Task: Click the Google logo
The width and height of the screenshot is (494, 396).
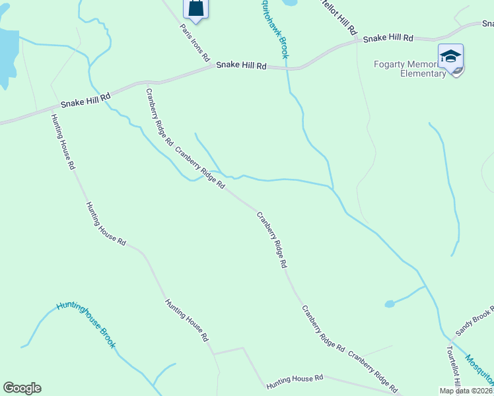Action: [x=22, y=388]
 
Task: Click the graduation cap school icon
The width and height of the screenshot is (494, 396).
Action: [x=450, y=56]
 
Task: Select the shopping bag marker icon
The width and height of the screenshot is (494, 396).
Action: [x=196, y=7]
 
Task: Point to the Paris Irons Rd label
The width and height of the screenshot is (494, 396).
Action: [x=194, y=40]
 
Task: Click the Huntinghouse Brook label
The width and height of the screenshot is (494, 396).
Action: [x=86, y=324]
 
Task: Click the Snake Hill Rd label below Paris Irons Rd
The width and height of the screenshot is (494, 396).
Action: [x=242, y=66]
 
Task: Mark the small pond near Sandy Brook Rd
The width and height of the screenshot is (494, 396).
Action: [x=390, y=304]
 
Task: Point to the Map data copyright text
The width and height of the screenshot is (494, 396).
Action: [x=466, y=391]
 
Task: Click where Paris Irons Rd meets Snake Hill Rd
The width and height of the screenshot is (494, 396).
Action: [x=213, y=67]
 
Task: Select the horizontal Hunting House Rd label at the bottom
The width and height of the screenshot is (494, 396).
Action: [x=295, y=381]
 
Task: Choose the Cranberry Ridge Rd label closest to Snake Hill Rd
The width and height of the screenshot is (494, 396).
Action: [x=159, y=117]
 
